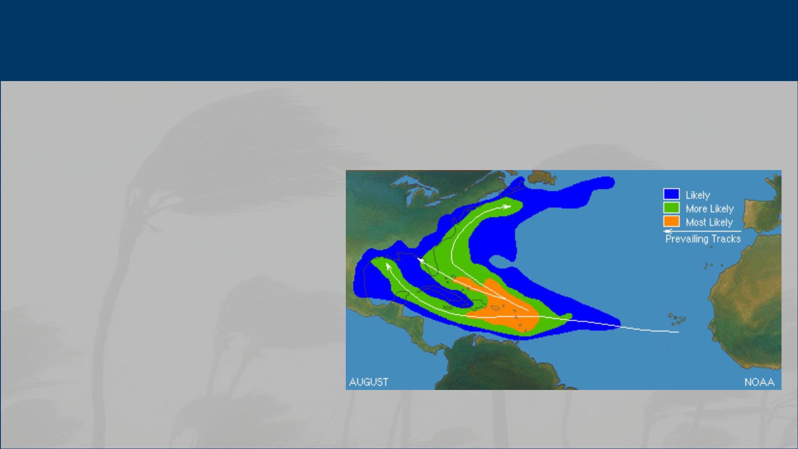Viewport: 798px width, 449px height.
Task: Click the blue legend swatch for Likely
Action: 671,194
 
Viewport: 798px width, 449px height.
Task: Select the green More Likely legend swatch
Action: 671,208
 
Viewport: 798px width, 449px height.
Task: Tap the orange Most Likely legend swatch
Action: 671,222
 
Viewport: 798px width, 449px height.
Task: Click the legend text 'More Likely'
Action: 709,209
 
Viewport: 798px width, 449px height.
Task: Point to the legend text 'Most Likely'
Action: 709,222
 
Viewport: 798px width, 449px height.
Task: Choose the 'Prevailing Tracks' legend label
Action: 703,239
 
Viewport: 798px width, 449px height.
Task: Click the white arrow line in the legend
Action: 702,231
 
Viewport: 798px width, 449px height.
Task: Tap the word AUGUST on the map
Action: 369,382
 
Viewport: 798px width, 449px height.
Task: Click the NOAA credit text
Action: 759,382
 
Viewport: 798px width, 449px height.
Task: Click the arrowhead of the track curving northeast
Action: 507,206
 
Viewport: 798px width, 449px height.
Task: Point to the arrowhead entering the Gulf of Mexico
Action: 388,266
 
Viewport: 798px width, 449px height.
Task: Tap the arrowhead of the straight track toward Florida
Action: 420,261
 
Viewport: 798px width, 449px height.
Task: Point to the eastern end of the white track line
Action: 678,332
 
